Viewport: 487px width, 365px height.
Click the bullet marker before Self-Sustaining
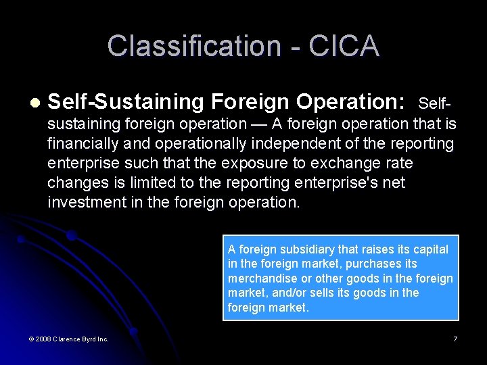[x=34, y=103]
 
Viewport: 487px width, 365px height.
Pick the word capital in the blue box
[x=429, y=249]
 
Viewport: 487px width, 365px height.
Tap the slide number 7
[x=455, y=339]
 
